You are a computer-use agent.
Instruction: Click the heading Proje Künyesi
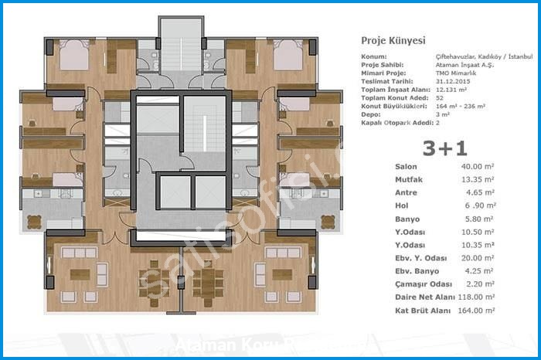(x=393, y=40)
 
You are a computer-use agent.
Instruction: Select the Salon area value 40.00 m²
(x=476, y=166)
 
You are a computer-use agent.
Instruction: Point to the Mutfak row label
(x=409, y=179)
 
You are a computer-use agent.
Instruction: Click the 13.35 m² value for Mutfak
(x=476, y=179)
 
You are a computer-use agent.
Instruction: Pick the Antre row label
(x=406, y=192)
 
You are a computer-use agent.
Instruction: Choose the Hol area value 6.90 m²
(x=478, y=205)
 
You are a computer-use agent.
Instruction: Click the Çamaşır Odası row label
(x=422, y=284)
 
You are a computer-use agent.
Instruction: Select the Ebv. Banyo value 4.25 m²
(x=478, y=271)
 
